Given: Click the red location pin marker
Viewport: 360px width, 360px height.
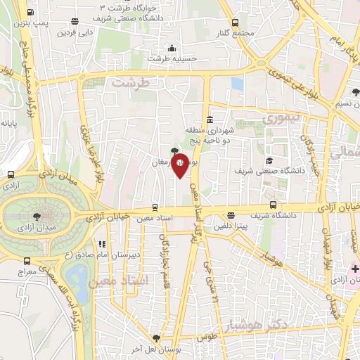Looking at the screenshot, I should point(181,165).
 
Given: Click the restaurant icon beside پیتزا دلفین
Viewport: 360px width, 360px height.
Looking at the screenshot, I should point(230,216).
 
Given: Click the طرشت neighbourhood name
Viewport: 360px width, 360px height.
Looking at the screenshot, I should point(131,83).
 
